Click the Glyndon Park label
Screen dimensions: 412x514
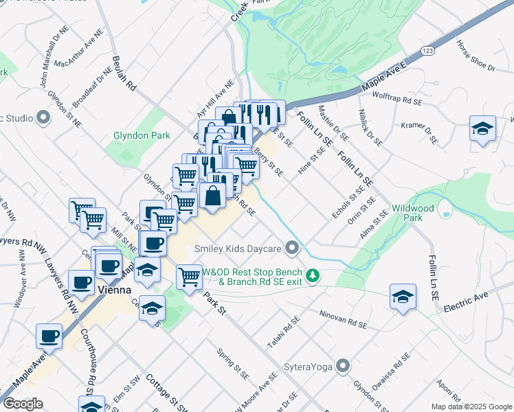click(142, 135)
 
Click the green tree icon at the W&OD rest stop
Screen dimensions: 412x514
click(313, 275)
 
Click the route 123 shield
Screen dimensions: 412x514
click(428, 51)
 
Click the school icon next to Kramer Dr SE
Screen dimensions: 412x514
click(482, 128)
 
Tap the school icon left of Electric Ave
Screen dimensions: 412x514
click(403, 297)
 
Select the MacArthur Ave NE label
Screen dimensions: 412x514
click(80, 53)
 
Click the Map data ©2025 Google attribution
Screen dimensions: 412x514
click(471, 407)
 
